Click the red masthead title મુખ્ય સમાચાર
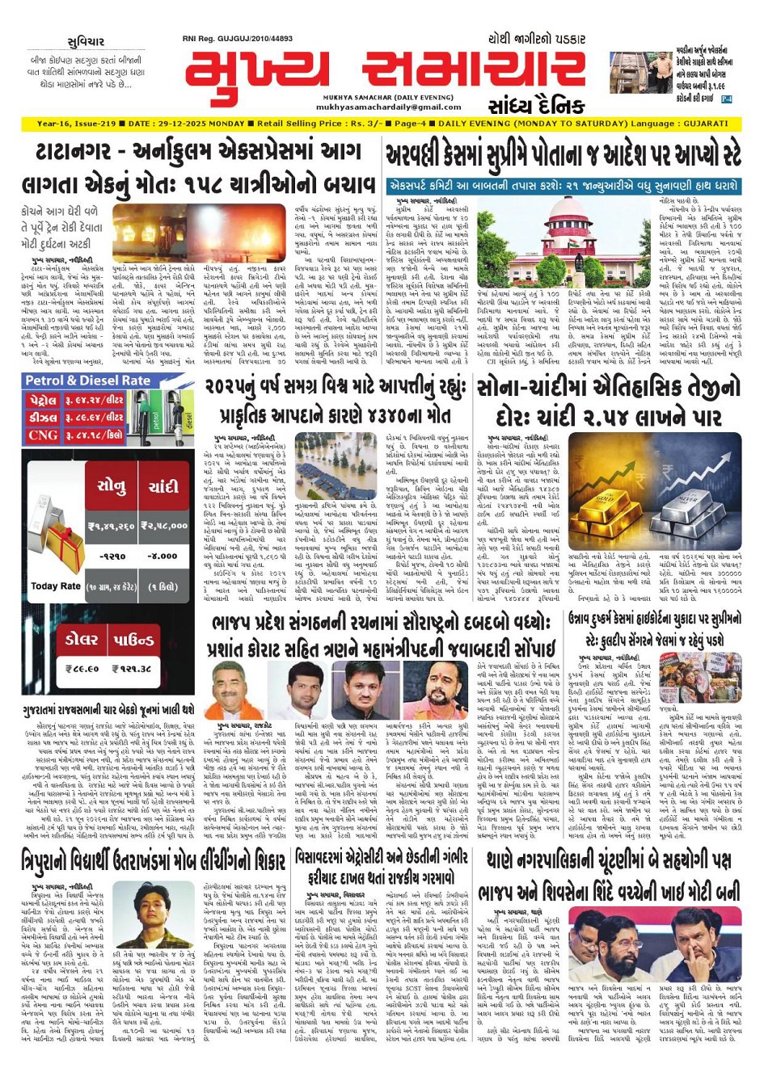click(385, 73)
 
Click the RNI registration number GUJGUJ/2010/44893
click(249, 39)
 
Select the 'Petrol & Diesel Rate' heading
click(89, 380)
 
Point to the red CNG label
click(43, 435)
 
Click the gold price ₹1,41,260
click(111, 526)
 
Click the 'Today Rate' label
click(55, 586)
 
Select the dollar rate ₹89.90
click(82, 669)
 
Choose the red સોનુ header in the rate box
click(111, 486)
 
